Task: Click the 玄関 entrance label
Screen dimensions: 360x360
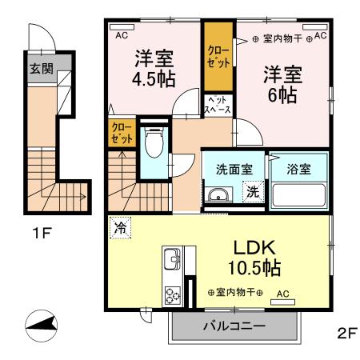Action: point(42,69)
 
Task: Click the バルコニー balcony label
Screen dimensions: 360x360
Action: point(234,326)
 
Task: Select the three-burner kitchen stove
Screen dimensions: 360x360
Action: point(173,294)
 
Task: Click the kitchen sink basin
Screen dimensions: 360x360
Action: point(173,260)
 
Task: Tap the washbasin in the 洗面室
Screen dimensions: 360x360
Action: point(217,195)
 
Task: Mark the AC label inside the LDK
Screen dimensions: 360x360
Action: point(282,294)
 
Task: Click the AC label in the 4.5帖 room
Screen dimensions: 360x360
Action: point(122,35)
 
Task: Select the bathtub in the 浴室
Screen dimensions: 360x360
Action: point(299,195)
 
